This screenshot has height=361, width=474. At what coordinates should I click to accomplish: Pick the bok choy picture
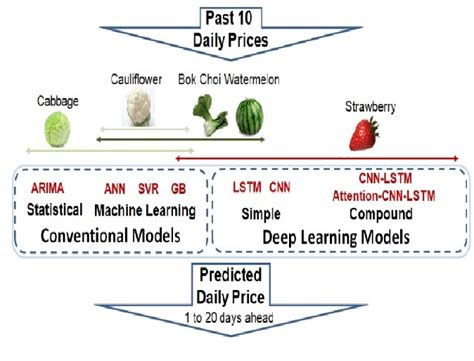click(208, 123)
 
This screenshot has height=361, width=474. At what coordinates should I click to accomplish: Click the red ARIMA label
click(47, 188)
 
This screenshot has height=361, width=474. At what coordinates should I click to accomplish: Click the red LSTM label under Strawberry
click(248, 187)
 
